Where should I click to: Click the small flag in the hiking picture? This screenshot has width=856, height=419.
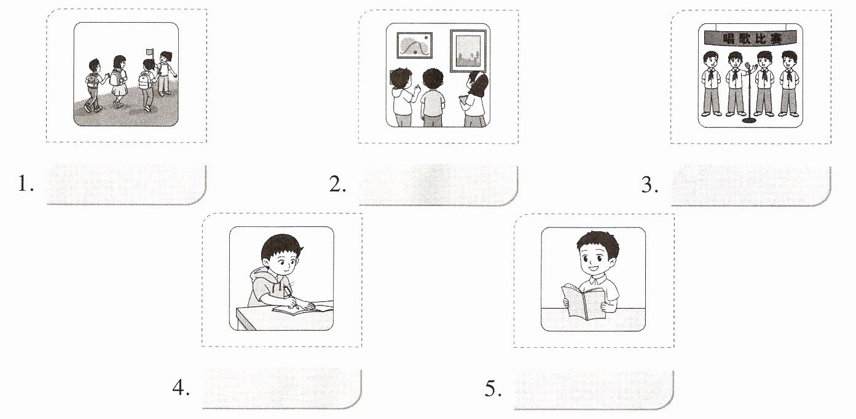(x=150, y=52)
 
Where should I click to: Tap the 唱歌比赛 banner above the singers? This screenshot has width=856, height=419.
(x=750, y=38)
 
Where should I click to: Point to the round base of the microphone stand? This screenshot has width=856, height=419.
(x=749, y=120)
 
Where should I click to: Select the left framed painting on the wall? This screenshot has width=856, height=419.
(x=415, y=45)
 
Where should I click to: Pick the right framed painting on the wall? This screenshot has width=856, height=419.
(x=468, y=51)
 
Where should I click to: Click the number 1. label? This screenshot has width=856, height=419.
(x=26, y=183)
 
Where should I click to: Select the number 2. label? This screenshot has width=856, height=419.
(x=338, y=184)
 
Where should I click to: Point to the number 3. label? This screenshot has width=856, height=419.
(x=650, y=185)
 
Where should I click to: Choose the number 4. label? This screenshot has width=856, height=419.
(x=181, y=388)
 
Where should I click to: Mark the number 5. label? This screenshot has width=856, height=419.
(x=493, y=389)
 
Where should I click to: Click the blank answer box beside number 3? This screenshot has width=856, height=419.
(x=751, y=186)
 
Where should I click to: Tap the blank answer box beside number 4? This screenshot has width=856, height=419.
(x=281, y=389)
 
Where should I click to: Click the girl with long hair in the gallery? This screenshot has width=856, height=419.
(x=474, y=99)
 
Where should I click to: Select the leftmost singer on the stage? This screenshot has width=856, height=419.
(x=712, y=83)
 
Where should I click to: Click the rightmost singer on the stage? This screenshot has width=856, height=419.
(x=789, y=83)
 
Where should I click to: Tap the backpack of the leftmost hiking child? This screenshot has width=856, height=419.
(x=92, y=80)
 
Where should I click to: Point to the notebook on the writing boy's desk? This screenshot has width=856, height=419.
(x=302, y=309)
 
